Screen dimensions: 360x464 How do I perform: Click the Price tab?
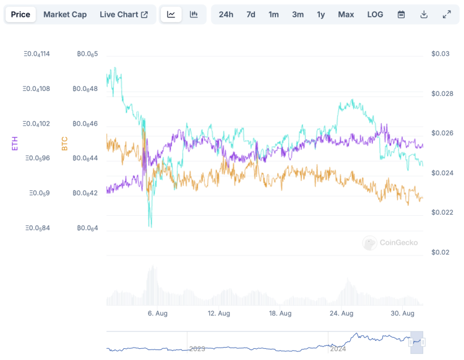(x=20, y=14)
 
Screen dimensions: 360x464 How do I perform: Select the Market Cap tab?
(x=65, y=14)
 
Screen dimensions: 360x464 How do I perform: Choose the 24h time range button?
(x=226, y=14)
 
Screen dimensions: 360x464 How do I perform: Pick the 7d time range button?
(x=251, y=14)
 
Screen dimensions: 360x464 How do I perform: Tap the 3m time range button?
(x=298, y=14)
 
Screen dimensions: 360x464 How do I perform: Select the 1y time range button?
(x=320, y=14)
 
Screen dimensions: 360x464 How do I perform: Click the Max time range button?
(x=346, y=14)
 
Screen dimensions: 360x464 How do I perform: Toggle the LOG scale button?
(x=375, y=14)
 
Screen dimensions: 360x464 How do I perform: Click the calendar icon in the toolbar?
(x=401, y=14)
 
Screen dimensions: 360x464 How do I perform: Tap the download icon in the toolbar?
(x=424, y=14)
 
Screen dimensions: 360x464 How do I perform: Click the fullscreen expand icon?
(x=447, y=14)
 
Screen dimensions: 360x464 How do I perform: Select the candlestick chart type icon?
(x=194, y=14)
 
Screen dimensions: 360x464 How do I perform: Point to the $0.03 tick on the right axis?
(x=441, y=54)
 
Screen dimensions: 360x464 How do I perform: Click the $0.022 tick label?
(x=442, y=212)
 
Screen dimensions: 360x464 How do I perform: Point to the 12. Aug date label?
(x=219, y=314)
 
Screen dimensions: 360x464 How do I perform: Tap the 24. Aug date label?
(x=342, y=314)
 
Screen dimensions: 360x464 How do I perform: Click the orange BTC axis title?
(x=64, y=144)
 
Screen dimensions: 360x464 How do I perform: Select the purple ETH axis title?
(x=15, y=144)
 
